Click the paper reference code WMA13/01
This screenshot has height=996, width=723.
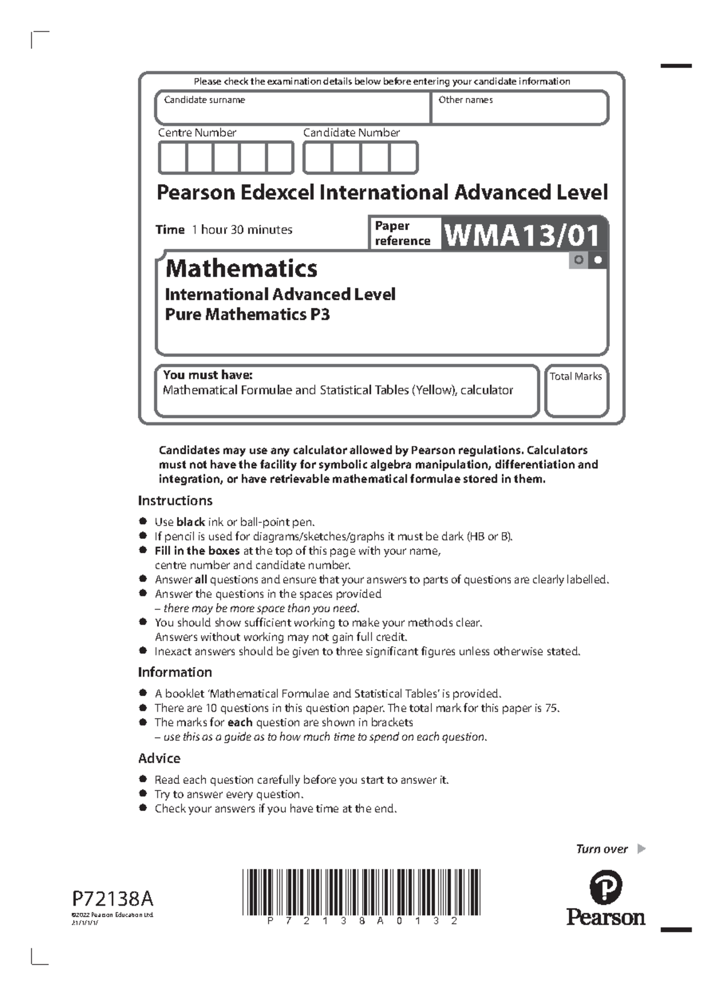522,235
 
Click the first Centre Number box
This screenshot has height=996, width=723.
172,158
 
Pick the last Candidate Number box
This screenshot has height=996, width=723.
403,158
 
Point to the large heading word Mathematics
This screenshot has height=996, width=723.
241,268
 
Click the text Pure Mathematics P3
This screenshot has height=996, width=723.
247,315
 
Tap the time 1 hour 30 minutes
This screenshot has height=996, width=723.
242,230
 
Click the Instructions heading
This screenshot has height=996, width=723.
175,501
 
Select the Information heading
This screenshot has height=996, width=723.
175,672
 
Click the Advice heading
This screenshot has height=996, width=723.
159,759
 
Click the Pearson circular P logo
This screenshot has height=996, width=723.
606,888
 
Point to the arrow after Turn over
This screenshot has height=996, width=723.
641,849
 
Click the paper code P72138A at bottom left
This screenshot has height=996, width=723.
113,899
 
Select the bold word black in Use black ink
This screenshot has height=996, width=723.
190,522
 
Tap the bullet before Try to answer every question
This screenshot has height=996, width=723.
143,794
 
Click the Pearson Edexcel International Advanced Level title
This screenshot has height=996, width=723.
382,193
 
